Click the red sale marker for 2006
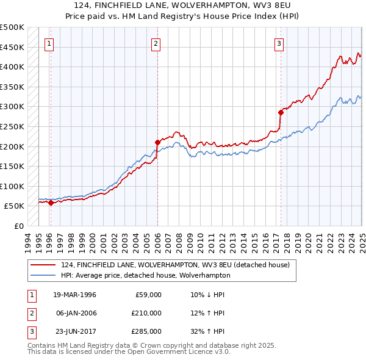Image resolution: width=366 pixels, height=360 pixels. [157, 142]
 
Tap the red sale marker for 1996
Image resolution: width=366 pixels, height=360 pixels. [51, 203]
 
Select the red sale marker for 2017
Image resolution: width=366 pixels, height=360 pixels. [281, 112]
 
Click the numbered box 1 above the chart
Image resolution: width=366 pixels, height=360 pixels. [48, 43]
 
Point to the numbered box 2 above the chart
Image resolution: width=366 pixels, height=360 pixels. [156, 43]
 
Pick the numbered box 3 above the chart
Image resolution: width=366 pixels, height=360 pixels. [279, 43]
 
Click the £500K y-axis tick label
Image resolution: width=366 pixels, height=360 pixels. [12, 27]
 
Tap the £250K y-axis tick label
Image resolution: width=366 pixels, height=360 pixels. [12, 126]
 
